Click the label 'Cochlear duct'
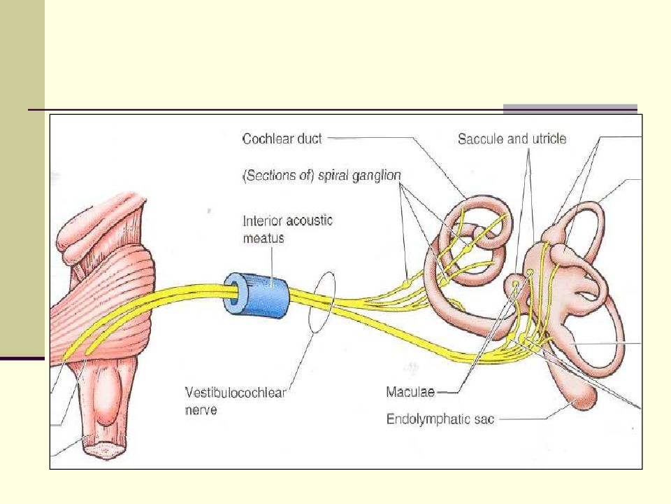click(x=282, y=139)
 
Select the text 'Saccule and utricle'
click(x=512, y=139)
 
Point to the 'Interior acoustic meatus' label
click(x=287, y=229)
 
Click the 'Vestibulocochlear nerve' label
click(x=237, y=400)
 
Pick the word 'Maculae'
click(x=410, y=392)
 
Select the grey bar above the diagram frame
click(x=570, y=108)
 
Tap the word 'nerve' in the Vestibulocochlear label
click(x=202, y=410)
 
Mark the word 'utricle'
click(x=549, y=139)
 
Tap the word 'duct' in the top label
click(x=310, y=139)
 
